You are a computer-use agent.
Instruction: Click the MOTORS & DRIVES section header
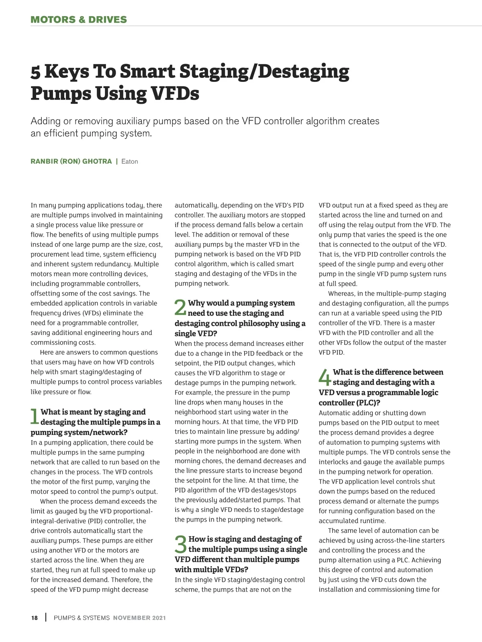(x=79, y=19)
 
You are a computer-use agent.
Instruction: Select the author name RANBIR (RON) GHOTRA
(x=71, y=161)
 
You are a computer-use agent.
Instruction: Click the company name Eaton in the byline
(x=129, y=161)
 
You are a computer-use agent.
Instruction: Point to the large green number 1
(x=35, y=416)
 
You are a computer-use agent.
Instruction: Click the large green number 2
(x=180, y=308)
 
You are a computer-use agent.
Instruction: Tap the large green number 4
(x=325, y=377)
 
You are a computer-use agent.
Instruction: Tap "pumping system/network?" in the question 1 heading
(x=79, y=432)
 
